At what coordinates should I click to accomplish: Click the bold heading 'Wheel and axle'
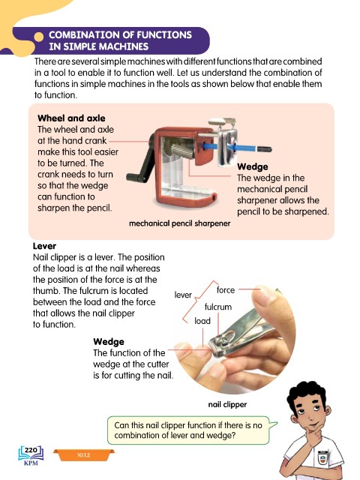pos(71,118)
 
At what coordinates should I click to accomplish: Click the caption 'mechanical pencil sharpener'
pos(180,223)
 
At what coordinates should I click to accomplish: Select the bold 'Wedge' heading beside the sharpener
pos(253,166)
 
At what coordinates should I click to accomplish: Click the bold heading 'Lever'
pos(44,246)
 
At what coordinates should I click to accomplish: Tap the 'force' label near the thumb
pos(226,290)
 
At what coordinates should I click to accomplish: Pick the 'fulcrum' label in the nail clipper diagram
pos(218,307)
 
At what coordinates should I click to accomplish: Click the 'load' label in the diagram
pos(202,321)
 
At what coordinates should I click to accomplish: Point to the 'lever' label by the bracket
pos(183,295)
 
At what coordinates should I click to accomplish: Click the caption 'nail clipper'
pos(227,405)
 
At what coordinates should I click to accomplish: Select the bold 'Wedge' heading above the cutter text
pos(109,342)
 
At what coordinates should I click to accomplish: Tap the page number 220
pos(31,450)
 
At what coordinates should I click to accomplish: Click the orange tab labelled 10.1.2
pos(83,455)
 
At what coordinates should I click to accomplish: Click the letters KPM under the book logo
pos(31,463)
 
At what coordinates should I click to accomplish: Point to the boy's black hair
pos(307,393)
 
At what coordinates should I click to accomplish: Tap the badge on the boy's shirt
pos(322,457)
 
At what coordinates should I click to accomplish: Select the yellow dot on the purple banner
pos(38,37)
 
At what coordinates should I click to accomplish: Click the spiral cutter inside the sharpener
pos(182,151)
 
